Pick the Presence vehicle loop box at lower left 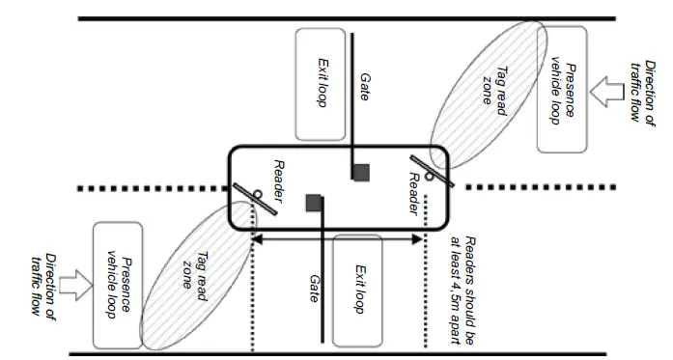point(117,284)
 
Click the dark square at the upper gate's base point(361,172)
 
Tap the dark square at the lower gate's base point(313,202)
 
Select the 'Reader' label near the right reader point(412,194)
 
